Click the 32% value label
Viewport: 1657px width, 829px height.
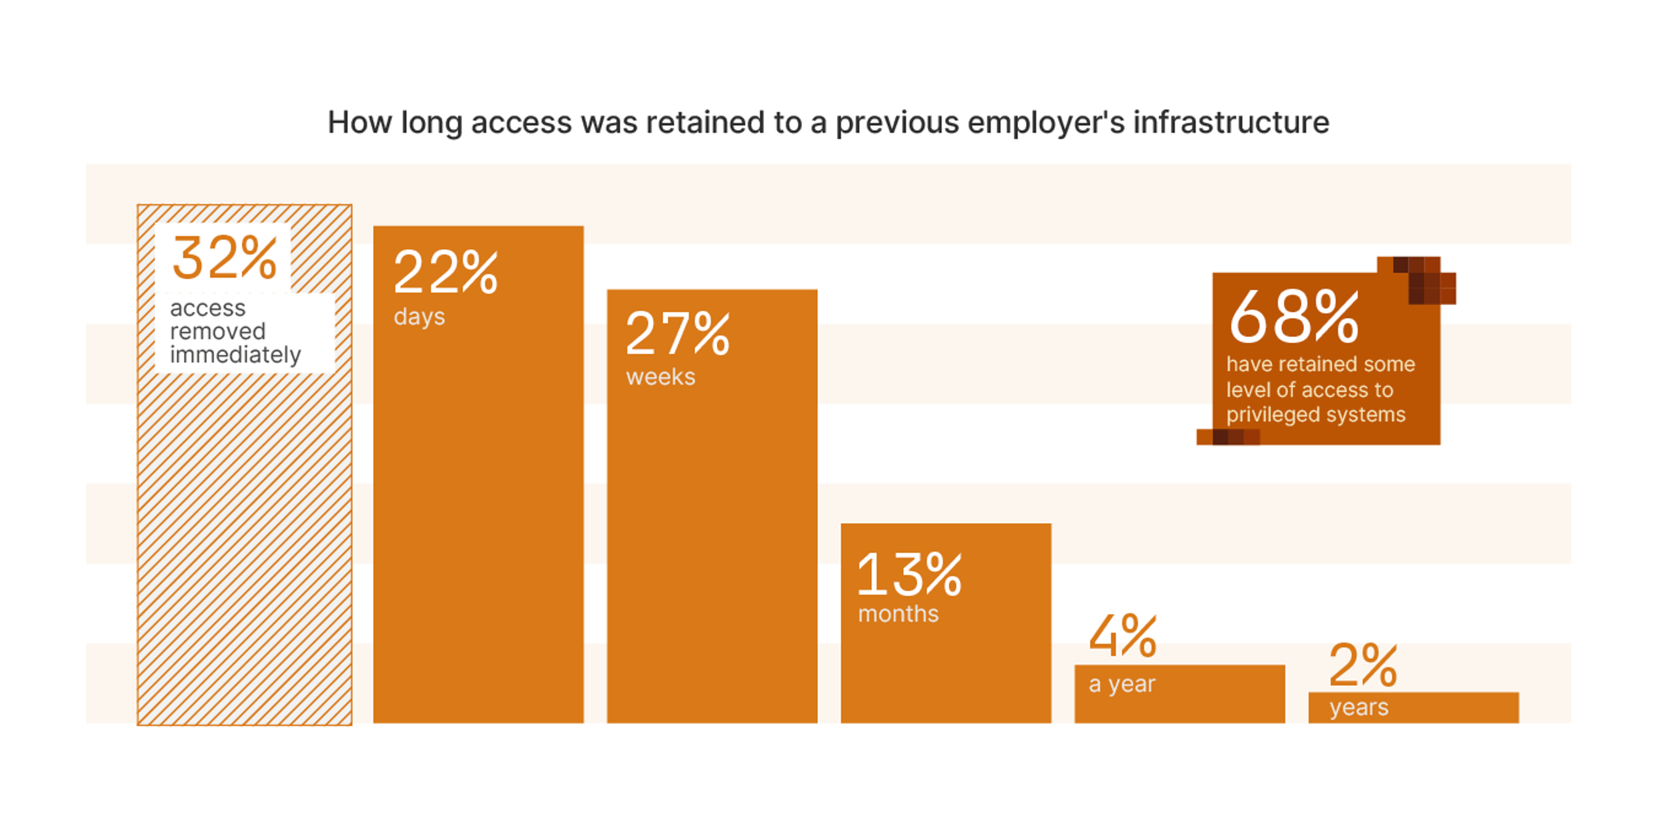224,259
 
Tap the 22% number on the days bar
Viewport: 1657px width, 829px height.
445,273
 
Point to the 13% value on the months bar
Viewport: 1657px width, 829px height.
909,575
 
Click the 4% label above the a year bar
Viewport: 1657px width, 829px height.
1122,636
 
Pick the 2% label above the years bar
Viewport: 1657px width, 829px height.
1362,665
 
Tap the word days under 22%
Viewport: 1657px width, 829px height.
419,316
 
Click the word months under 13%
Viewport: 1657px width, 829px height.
898,614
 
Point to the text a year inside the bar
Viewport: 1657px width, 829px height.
1122,683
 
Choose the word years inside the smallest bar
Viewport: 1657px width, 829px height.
1358,707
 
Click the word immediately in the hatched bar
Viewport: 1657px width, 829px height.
236,354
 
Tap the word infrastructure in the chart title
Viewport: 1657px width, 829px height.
1231,122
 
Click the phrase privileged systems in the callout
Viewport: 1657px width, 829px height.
1315,414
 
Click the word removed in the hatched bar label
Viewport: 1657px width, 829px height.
217,332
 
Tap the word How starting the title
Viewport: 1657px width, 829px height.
359,122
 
